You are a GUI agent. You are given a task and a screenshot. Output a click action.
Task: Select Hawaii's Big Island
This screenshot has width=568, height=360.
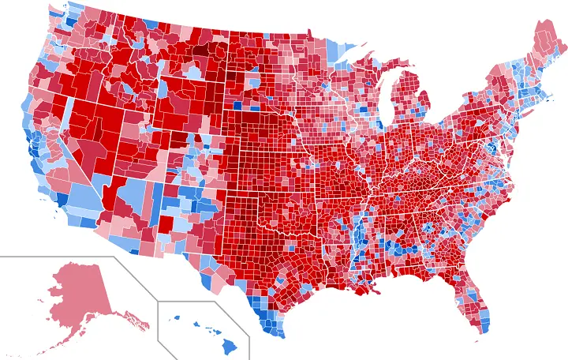pyautogui.click(x=230, y=346)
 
